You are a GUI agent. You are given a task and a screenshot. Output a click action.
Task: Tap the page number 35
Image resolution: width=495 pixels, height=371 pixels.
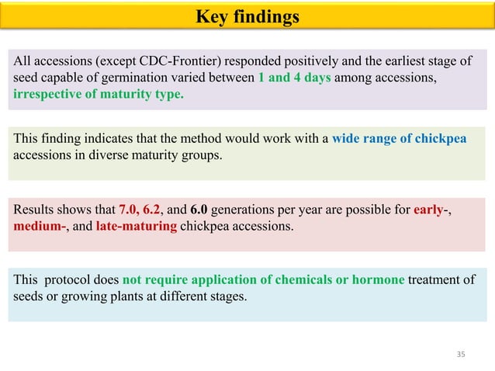461,355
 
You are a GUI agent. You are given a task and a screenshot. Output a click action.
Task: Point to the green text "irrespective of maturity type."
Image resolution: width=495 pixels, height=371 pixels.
99,95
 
